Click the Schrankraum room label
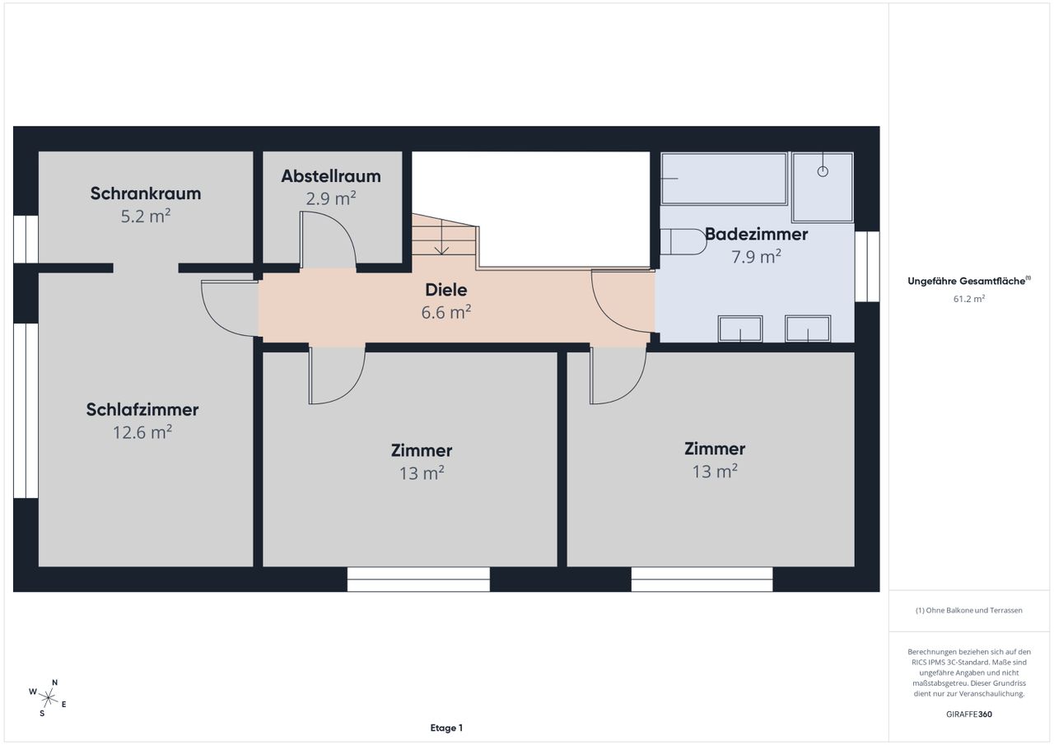(x=146, y=193)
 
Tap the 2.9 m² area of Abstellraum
(x=331, y=199)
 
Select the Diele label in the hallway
(x=446, y=290)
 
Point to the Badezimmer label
(x=756, y=234)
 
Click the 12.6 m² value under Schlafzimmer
(x=142, y=432)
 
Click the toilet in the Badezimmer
(x=683, y=242)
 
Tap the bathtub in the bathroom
(x=724, y=179)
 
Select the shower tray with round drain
(x=823, y=187)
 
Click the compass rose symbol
(x=48, y=697)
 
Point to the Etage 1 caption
(x=446, y=728)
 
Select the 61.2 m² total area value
(x=969, y=299)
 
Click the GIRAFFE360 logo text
(x=969, y=714)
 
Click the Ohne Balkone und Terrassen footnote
(x=969, y=610)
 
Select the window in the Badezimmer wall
(x=867, y=266)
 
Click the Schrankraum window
(x=26, y=239)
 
